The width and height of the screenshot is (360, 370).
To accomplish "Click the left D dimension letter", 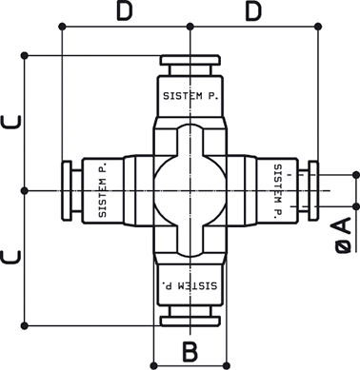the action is click(124, 12).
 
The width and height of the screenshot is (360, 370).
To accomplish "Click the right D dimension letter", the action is click(253, 12).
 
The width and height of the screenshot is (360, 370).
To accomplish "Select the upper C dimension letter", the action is click(11, 122).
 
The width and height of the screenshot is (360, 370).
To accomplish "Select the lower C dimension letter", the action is click(11, 257).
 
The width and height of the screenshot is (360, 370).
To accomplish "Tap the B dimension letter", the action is click(190, 351).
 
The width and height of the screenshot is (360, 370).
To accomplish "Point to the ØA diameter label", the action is click(343, 235).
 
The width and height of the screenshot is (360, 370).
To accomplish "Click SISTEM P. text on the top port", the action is click(190, 96).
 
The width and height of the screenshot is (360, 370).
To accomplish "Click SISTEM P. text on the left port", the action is click(103, 190).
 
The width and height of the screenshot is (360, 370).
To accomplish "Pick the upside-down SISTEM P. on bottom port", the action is click(190, 285).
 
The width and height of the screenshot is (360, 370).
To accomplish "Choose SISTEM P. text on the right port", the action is click(278, 191).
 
